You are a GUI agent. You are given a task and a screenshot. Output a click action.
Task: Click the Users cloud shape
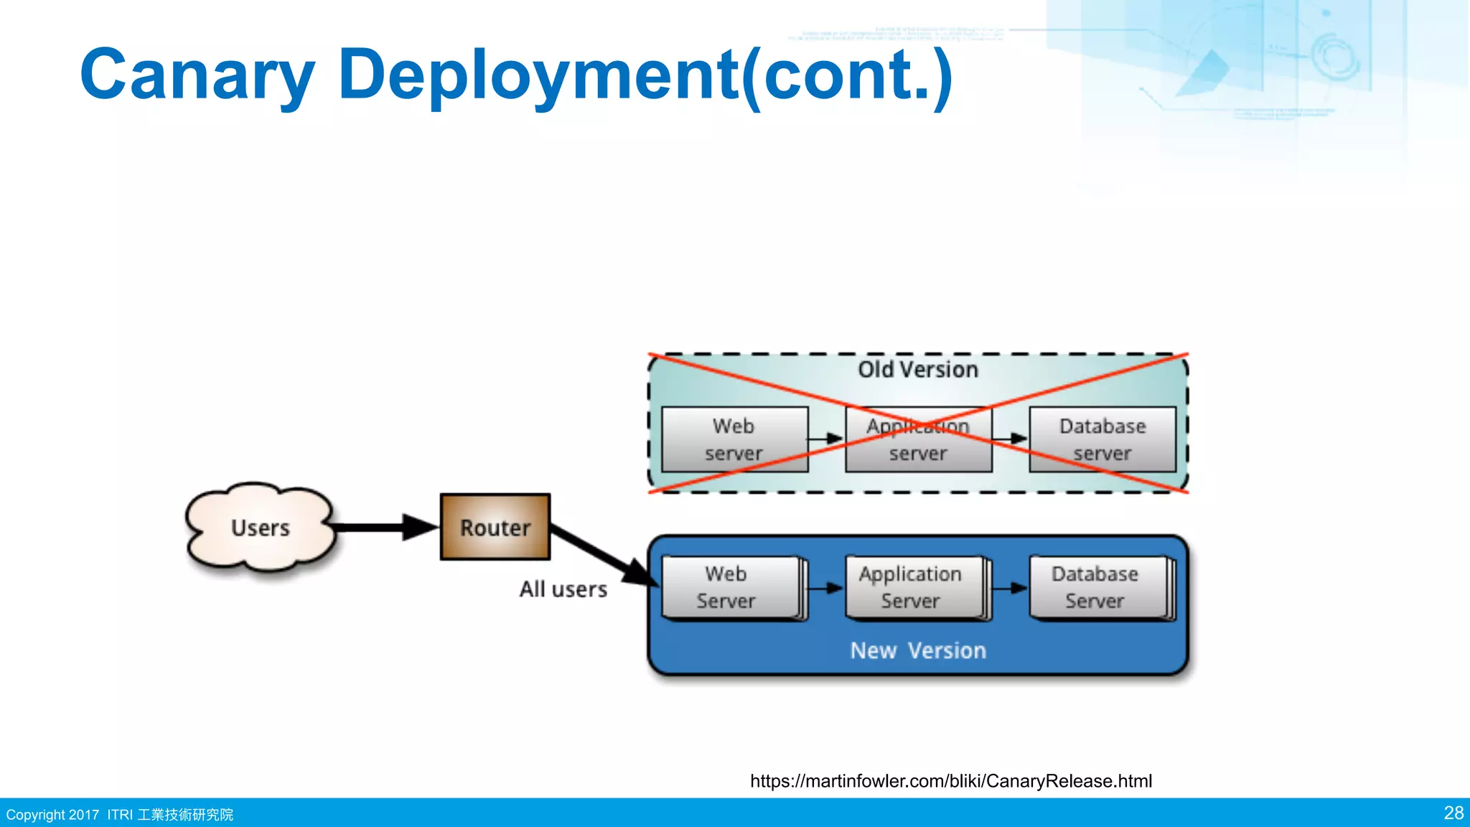coord(260,528)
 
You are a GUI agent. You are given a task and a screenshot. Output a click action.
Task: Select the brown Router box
coord(495,528)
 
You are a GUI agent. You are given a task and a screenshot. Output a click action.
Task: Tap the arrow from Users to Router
coord(384,528)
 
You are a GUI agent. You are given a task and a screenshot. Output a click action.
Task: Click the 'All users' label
coord(563,589)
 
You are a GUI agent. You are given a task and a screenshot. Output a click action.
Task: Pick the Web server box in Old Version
coord(734,439)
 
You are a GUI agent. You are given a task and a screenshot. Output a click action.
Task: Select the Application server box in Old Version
coord(918,439)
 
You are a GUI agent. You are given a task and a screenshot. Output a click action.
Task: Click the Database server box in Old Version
coord(1102,439)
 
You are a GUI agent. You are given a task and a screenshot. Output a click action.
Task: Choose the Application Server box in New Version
coord(914,587)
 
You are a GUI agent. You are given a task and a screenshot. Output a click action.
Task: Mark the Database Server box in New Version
coord(1097,587)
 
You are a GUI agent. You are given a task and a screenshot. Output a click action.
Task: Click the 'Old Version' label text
coord(918,370)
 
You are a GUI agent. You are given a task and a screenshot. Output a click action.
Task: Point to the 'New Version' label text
coord(918,650)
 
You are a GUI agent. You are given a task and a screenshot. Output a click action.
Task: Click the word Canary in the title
coord(197,75)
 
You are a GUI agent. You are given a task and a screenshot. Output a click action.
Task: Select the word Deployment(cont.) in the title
coord(646,75)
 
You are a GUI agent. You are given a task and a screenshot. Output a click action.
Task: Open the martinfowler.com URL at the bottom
coord(950,781)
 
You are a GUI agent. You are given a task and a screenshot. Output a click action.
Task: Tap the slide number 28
coord(1453,813)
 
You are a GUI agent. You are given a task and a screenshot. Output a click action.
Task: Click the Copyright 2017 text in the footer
coord(52,815)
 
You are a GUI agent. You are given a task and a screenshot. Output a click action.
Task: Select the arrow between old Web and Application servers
coord(826,439)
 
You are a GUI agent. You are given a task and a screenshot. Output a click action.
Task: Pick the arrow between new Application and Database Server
coord(1010,588)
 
